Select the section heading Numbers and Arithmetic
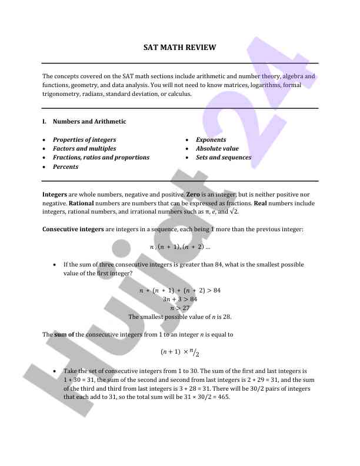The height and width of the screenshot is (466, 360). pos(89,122)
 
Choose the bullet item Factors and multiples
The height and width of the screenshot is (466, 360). pos(84,149)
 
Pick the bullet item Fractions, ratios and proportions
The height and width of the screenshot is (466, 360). pos(101,158)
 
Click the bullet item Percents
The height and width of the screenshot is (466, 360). pos(65,167)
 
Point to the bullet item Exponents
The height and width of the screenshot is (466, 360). pos(211,140)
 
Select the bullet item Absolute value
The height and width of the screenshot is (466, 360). pos(217,149)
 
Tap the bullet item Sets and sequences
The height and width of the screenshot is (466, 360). pos(224,158)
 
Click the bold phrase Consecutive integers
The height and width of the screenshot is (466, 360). pos(73,229)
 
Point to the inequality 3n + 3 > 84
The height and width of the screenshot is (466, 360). pos(180,299)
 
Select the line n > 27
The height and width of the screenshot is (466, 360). pos(180,308)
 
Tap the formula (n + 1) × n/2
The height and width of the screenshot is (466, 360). pos(179,352)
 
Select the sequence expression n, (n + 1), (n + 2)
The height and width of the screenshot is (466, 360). pos(179,247)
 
